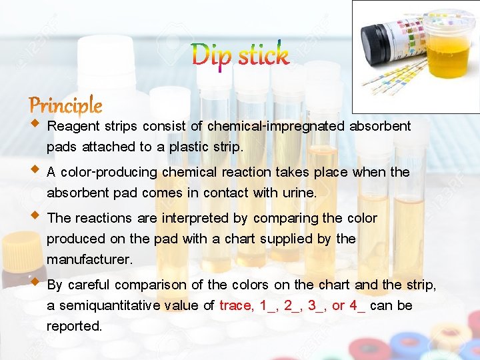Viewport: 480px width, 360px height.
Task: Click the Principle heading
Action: coord(65,105)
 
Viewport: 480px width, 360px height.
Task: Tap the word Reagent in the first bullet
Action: coord(73,126)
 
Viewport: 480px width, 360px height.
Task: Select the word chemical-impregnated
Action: coord(276,126)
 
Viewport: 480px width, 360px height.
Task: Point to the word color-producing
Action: coord(111,172)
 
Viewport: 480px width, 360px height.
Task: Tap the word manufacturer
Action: coord(89,258)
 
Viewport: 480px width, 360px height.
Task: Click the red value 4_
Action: coord(356,305)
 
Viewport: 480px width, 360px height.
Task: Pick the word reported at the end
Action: coord(73,326)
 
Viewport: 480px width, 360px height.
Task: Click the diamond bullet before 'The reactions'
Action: coord(35,216)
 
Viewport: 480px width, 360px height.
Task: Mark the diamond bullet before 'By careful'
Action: coord(35,283)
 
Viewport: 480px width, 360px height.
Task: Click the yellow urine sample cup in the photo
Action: coord(448,50)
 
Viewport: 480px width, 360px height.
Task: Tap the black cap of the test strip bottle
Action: coord(372,39)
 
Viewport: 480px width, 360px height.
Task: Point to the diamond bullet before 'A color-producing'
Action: coord(35,170)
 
